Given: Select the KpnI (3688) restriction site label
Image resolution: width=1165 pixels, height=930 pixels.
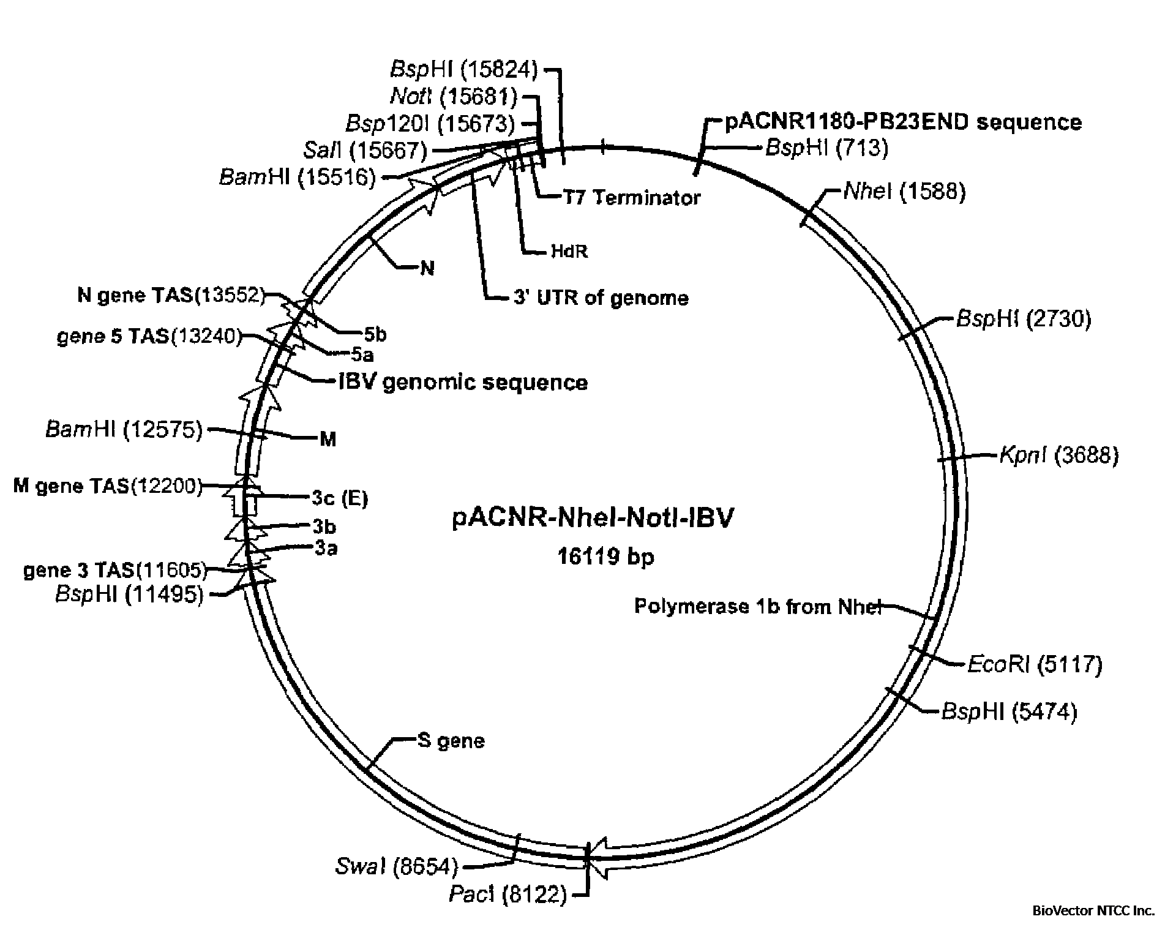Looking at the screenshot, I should coord(1058,456).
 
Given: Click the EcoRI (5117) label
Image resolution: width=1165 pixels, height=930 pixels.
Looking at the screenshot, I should coord(1035,664).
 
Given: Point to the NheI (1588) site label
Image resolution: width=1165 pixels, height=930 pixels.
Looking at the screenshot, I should coord(904,192).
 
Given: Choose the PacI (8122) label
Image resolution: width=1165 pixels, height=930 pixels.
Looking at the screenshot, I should coord(508,895).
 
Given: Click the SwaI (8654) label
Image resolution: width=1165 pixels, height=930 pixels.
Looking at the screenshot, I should coord(396,866).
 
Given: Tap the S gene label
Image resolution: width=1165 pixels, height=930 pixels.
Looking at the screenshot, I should coord(451,741).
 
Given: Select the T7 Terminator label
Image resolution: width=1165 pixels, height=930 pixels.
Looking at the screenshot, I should coord(631,198).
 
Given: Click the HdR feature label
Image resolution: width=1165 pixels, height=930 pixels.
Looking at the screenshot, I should coord(569,252).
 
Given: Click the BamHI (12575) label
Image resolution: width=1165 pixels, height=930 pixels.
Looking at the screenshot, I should coord(124,430).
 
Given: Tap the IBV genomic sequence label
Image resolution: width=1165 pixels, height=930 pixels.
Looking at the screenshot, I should coord(463,383).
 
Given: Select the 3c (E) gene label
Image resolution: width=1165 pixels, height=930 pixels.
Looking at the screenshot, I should coord(340,498).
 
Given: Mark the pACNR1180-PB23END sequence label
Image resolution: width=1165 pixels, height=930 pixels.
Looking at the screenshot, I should coord(903,122).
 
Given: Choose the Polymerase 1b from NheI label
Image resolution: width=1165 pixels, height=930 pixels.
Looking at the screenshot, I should coord(757,607).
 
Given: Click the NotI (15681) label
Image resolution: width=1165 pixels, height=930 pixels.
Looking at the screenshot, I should coord(453,96).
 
